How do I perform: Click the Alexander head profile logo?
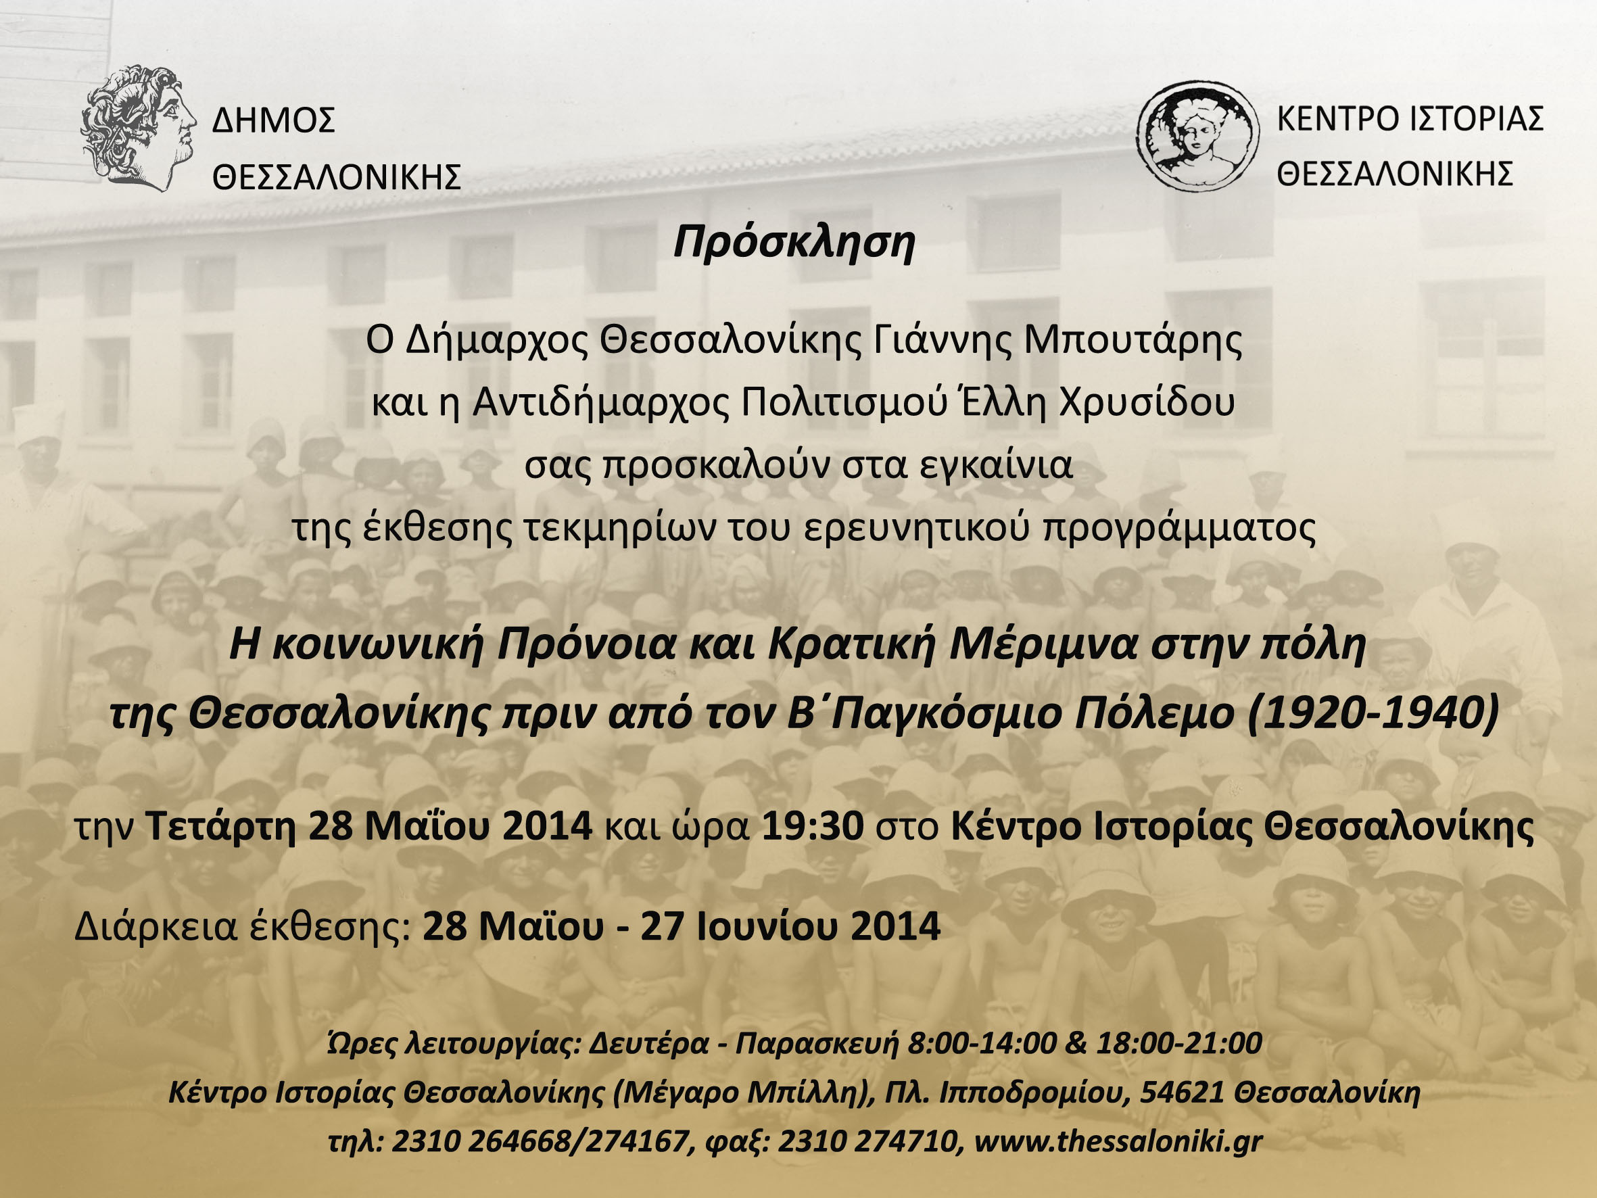pyautogui.click(x=138, y=128)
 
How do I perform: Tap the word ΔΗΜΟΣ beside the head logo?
pyautogui.click(x=274, y=120)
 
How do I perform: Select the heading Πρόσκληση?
pyautogui.click(x=794, y=243)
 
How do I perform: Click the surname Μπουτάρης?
pyautogui.click(x=1133, y=341)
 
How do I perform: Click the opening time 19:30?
pyautogui.click(x=813, y=826)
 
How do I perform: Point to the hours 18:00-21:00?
pyautogui.click(x=1179, y=1043)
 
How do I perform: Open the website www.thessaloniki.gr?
pyautogui.click(x=1118, y=1142)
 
